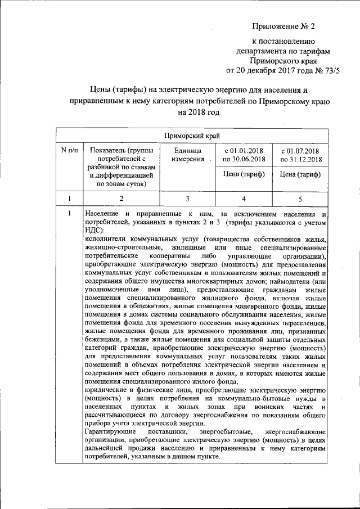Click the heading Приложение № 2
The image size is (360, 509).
[285, 26]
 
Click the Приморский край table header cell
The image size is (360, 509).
[192, 136]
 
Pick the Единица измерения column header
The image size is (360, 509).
[187, 155]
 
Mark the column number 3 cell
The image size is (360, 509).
[187, 199]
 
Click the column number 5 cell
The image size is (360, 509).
[300, 199]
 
